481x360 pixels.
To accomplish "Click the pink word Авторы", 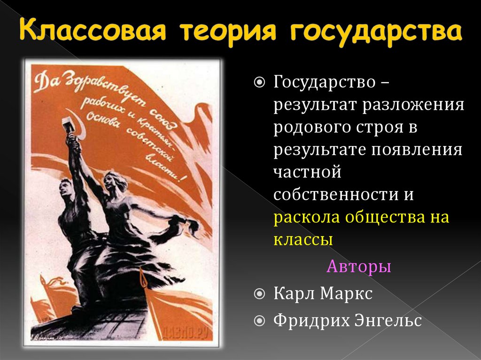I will point(358,267).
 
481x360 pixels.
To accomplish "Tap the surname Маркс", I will point(347,294).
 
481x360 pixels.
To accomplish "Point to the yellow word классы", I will point(303,239).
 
